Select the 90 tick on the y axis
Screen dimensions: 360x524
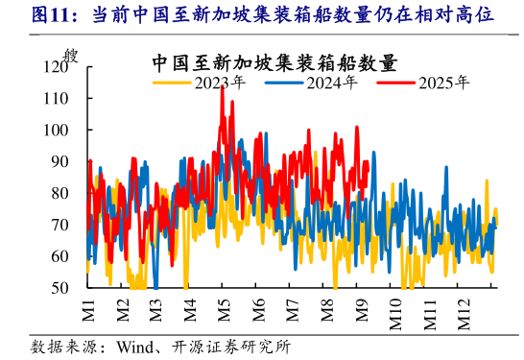[x=60, y=162]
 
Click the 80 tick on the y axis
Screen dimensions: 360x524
[x=60, y=193]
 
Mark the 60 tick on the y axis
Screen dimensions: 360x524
[x=60, y=256]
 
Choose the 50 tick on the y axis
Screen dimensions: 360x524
[x=60, y=288]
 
